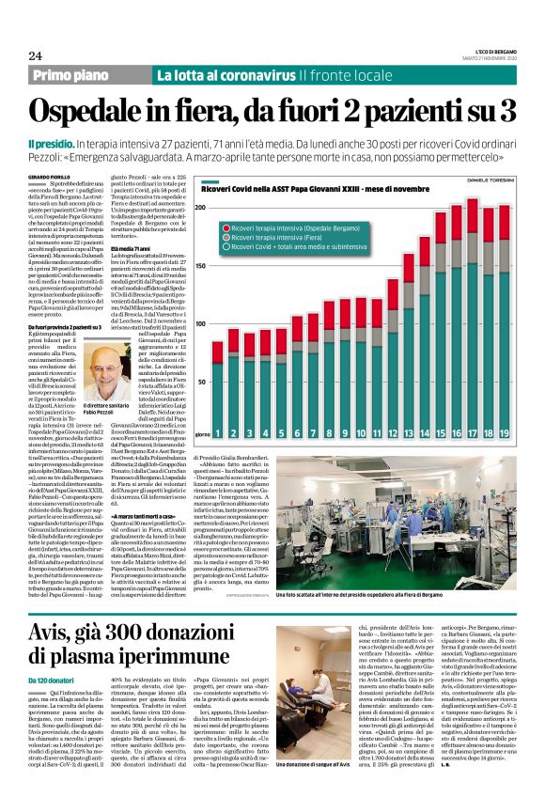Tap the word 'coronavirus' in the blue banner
click(255, 75)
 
